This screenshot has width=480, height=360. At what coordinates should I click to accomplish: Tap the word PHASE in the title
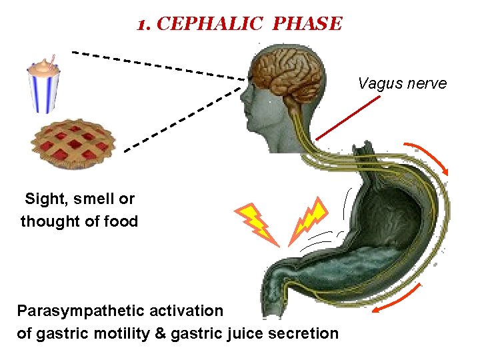coord(307,25)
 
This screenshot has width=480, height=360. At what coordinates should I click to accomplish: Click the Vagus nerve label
coord(402,83)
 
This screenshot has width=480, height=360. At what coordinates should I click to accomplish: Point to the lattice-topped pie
coord(73,143)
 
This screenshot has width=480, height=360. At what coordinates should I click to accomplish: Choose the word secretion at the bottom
coord(307,333)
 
